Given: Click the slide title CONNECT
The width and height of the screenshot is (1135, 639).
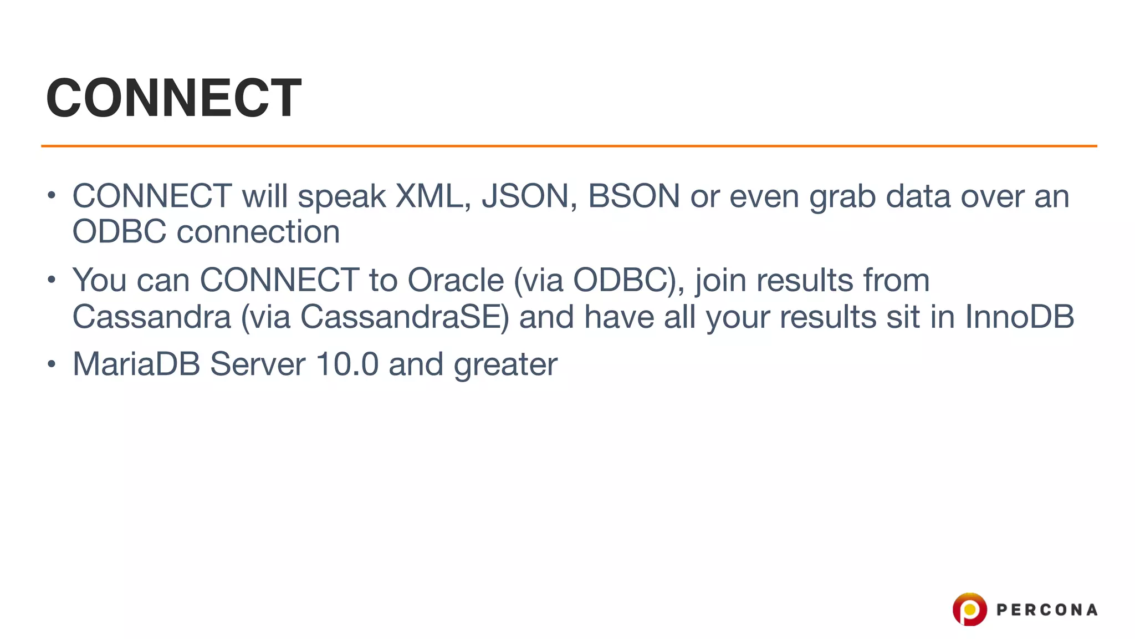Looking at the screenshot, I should pyautogui.click(x=174, y=98).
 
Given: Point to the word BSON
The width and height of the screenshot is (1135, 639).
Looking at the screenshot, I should pyautogui.click(x=633, y=196).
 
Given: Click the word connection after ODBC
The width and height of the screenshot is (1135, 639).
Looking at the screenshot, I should pyautogui.click(x=258, y=232).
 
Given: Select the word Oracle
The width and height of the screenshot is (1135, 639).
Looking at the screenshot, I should pyautogui.click(x=456, y=280).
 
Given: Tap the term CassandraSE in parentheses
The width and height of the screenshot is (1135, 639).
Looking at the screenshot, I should pyautogui.click(x=404, y=317).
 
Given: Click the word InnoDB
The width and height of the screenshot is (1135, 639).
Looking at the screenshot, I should pyautogui.click(x=1019, y=317).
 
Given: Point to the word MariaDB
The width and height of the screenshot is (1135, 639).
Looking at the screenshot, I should pyautogui.click(x=136, y=364).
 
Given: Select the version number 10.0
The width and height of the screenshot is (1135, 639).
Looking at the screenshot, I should pyautogui.click(x=347, y=364).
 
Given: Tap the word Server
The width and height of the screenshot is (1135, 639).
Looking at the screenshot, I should pyautogui.click(x=258, y=364).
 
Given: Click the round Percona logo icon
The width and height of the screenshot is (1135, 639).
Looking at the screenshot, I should pyautogui.click(x=969, y=609).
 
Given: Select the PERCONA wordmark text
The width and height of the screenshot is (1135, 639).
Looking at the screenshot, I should pyautogui.click(x=1047, y=610).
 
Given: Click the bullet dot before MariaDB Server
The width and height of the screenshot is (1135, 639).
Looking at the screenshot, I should pyautogui.click(x=52, y=364).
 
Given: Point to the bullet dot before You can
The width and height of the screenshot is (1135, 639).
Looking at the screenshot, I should pyautogui.click(x=52, y=280).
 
